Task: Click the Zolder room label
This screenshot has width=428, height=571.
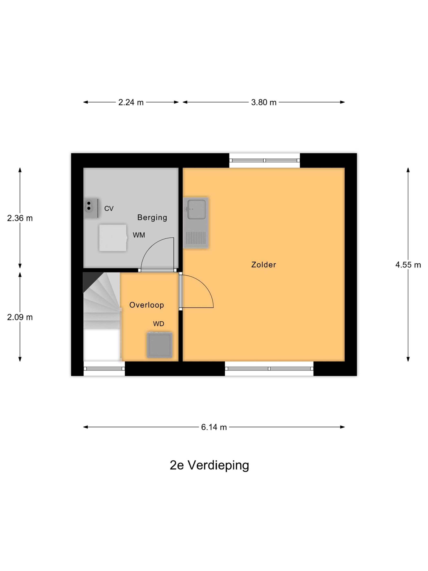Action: [x=263, y=264]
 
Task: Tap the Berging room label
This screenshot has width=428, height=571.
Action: [x=152, y=217]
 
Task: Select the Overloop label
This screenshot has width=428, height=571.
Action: [x=147, y=305]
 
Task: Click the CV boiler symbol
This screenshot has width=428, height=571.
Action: [x=90, y=208]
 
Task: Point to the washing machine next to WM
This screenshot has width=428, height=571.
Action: [x=113, y=238]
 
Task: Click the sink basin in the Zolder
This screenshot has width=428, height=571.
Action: [x=196, y=209]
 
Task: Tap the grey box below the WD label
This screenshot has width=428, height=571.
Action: [x=159, y=345]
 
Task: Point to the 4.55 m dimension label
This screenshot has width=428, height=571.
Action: [x=408, y=265]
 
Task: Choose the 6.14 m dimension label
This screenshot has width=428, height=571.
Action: [x=214, y=427]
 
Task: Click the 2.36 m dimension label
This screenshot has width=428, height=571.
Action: [x=20, y=218]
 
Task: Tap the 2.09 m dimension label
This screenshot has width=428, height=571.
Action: [x=20, y=317]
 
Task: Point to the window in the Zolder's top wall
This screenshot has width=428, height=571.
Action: [x=264, y=160]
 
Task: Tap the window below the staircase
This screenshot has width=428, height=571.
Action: [x=104, y=369]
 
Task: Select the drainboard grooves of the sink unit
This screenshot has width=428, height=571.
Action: [x=196, y=238]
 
